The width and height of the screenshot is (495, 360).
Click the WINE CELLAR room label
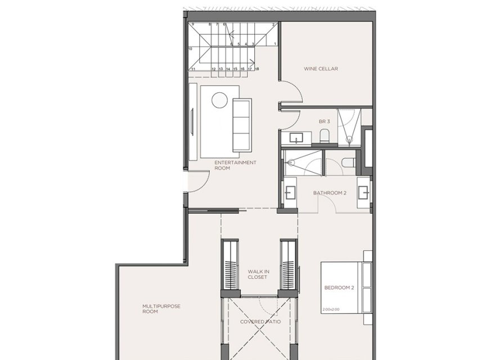pos(321,69)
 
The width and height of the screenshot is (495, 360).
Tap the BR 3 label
pos(323,121)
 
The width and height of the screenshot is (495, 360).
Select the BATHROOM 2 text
pos(328,193)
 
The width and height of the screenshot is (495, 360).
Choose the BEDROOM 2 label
pos(339,288)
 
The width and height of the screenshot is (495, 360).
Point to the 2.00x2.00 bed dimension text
pos(331,309)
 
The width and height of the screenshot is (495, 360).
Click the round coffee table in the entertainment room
pos(219,100)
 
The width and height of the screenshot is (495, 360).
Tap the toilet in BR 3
pos(324,136)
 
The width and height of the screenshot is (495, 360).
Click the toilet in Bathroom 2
pos(347,163)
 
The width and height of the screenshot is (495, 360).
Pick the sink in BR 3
pos(296,138)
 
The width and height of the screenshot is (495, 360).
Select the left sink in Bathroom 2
pos(290,192)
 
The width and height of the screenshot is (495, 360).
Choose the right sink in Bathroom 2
pos(363,192)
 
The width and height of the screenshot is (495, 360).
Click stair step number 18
pos(256,69)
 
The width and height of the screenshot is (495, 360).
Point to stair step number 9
pos(192,25)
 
